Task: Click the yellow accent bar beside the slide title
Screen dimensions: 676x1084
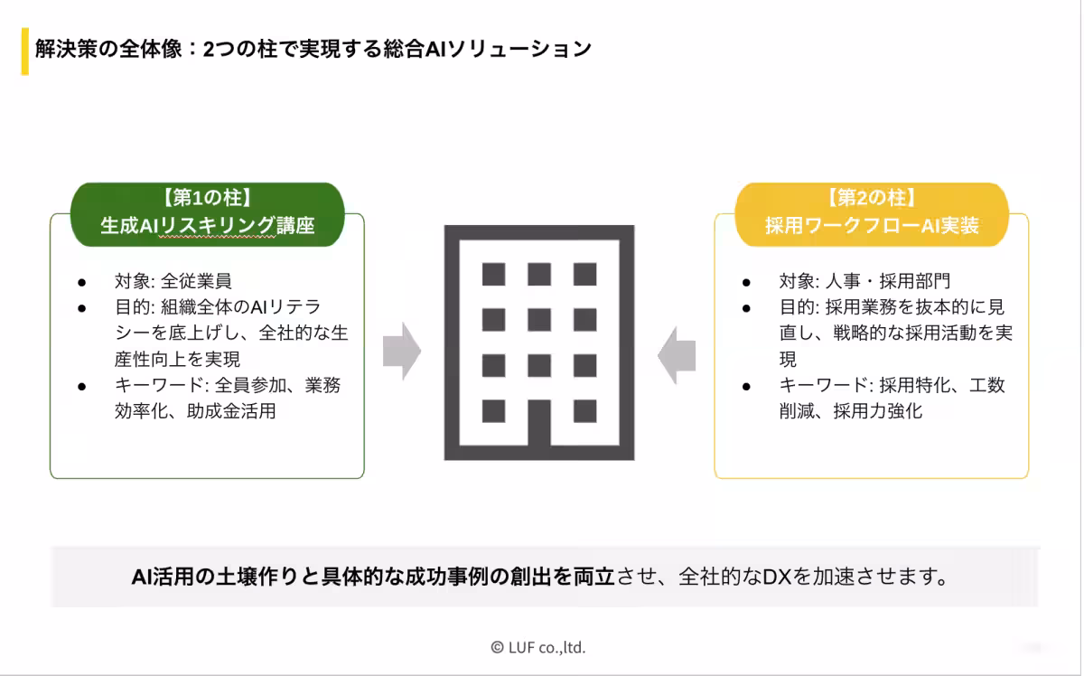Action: [24, 52]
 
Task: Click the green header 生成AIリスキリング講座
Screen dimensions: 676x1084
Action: [208, 226]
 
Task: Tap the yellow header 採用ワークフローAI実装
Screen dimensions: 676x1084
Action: [872, 226]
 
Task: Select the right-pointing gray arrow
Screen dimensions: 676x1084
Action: [402, 352]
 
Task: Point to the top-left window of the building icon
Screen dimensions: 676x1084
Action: [493, 274]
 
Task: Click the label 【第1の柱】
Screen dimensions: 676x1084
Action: [207, 198]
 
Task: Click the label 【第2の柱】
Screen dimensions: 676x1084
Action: [872, 198]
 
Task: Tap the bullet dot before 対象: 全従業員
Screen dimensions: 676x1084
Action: [81, 281]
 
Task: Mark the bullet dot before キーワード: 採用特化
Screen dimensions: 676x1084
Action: [746, 386]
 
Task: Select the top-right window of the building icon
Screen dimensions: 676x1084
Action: [585, 274]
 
